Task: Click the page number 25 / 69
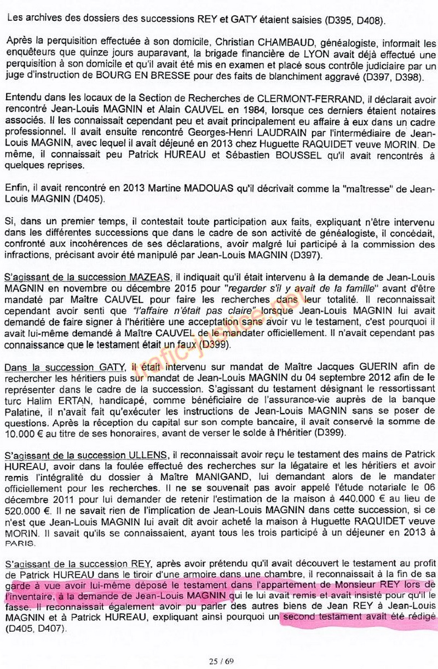coord(221,661)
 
